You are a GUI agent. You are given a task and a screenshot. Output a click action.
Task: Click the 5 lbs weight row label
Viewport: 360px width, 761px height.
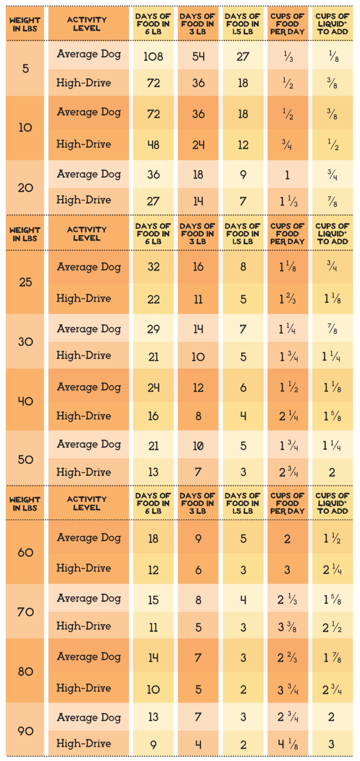tap(25, 68)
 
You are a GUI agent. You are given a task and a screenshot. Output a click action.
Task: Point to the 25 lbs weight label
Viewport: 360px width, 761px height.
tap(25, 282)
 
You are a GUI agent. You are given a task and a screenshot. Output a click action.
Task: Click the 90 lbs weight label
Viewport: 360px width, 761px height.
tap(25, 731)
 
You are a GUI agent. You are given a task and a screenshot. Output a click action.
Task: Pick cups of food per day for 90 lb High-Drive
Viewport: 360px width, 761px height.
tap(288, 744)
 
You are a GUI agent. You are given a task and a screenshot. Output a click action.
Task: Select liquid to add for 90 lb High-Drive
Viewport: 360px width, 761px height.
tap(332, 744)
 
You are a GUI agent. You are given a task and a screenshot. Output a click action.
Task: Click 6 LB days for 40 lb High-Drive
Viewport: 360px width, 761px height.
tap(153, 416)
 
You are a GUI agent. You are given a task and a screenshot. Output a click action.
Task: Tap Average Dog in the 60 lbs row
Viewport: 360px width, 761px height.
tap(89, 538)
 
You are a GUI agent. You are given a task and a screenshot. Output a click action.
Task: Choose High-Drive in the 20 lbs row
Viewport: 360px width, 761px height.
tap(84, 200)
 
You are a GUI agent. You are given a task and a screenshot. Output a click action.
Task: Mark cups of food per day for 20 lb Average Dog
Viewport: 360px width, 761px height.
tap(288, 175)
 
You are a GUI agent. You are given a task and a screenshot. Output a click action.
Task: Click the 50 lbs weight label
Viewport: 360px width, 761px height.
tap(25, 459)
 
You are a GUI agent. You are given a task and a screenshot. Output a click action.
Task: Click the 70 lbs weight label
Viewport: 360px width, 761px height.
tap(25, 612)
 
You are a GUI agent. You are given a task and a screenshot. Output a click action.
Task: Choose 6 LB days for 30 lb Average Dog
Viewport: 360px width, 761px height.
tap(153, 329)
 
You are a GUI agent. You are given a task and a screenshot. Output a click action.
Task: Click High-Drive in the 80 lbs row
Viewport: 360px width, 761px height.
tap(84, 688)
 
